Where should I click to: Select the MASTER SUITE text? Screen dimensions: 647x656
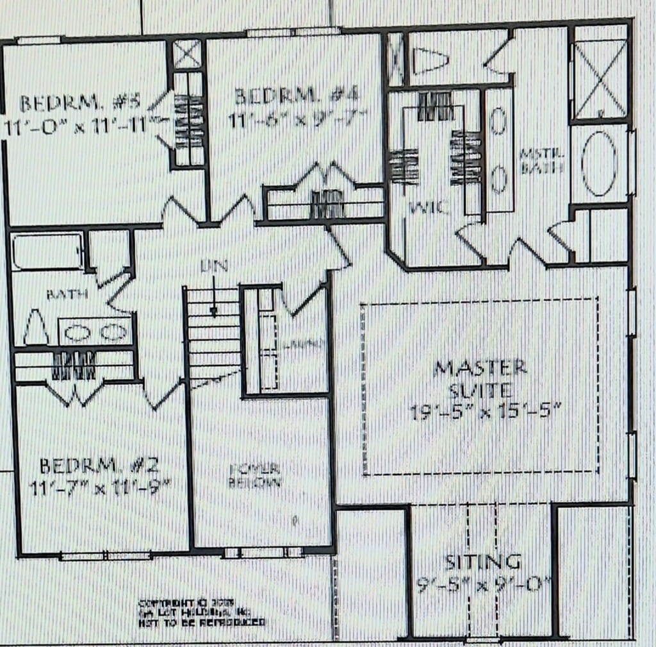(480, 378)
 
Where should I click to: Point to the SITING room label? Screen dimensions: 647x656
(483, 562)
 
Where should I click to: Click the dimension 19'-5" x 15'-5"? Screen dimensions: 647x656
(485, 411)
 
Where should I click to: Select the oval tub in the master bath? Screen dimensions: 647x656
(600, 163)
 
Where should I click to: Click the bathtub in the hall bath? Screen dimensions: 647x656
(47, 251)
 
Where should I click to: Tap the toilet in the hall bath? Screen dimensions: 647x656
(36, 328)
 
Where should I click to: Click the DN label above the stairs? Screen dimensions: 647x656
(213, 265)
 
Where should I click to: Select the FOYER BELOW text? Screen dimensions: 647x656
(255, 476)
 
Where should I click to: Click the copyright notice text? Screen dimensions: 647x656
(201, 613)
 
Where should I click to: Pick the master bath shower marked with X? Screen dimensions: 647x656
(599, 79)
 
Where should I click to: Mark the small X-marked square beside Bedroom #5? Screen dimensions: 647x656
(188, 55)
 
